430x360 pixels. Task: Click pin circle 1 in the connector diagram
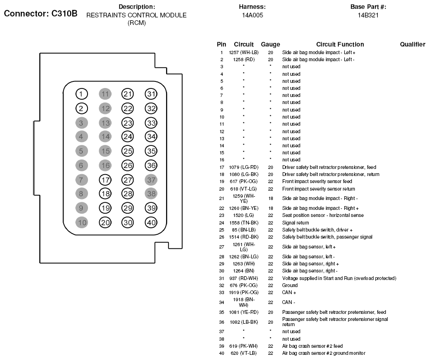[82, 94]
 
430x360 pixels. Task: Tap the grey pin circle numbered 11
[105, 94]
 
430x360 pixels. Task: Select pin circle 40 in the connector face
[151, 223]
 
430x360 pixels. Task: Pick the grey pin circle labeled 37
[151, 179]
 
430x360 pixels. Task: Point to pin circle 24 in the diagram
[127, 137]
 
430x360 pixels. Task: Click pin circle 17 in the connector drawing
[105, 179]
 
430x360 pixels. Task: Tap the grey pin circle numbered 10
[82, 223]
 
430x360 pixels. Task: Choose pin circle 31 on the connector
[151, 94]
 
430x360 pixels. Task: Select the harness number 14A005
[252, 15]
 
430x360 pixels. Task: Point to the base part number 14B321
[368, 15]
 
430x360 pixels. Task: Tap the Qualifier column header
[413, 44]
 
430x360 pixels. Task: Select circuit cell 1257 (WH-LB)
[244, 52]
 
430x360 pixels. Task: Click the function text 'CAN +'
[289, 292]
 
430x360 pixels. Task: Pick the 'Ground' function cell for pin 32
[290, 285]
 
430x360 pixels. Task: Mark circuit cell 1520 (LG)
[244, 216]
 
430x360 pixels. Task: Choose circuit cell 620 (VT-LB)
[244, 353]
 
